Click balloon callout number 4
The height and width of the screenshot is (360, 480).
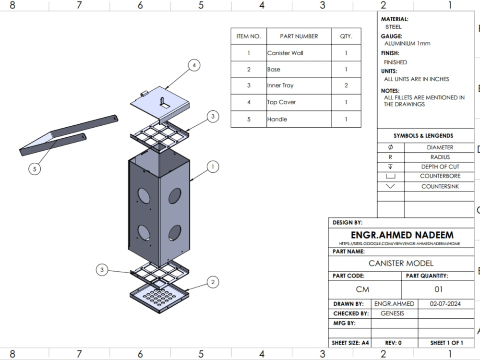pyautogui.click(x=194, y=65)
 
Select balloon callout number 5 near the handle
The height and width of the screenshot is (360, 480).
pyautogui.click(x=35, y=169)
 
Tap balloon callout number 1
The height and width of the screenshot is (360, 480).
pyautogui.click(x=213, y=167)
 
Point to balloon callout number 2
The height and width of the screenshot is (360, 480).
pyautogui.click(x=213, y=282)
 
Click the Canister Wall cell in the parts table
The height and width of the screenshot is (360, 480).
pyautogui.click(x=285, y=53)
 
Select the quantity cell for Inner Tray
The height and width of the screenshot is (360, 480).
pyautogui.click(x=346, y=85)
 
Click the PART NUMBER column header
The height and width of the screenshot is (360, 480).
pyautogui.click(x=299, y=36)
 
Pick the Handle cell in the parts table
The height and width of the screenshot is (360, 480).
pyautogui.click(x=277, y=120)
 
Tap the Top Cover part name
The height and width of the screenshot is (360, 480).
pyautogui.click(x=281, y=102)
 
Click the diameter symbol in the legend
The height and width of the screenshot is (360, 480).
pyautogui.click(x=390, y=147)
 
